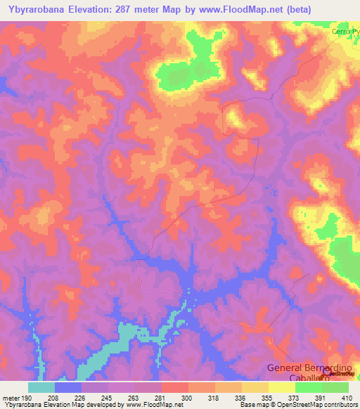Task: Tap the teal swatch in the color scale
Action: tap(41, 387)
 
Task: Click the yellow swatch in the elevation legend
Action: tap(281, 387)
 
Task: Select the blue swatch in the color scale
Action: tap(68, 387)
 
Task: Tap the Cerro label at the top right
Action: tap(345, 32)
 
